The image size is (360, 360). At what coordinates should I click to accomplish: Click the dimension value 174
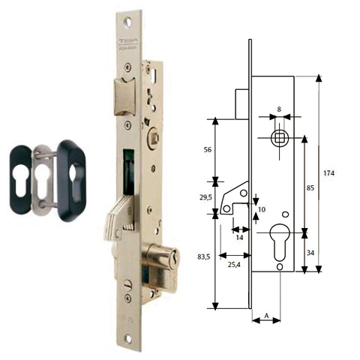point(328,173)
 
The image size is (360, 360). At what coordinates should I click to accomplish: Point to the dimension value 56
point(208,149)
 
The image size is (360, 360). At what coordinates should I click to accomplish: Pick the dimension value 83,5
point(204,257)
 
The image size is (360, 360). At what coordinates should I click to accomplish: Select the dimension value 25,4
point(235,264)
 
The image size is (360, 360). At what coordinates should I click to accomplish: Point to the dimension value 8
point(279,109)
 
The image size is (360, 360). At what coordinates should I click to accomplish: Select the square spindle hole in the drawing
point(279,138)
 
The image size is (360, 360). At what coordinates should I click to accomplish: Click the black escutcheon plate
point(75,175)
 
